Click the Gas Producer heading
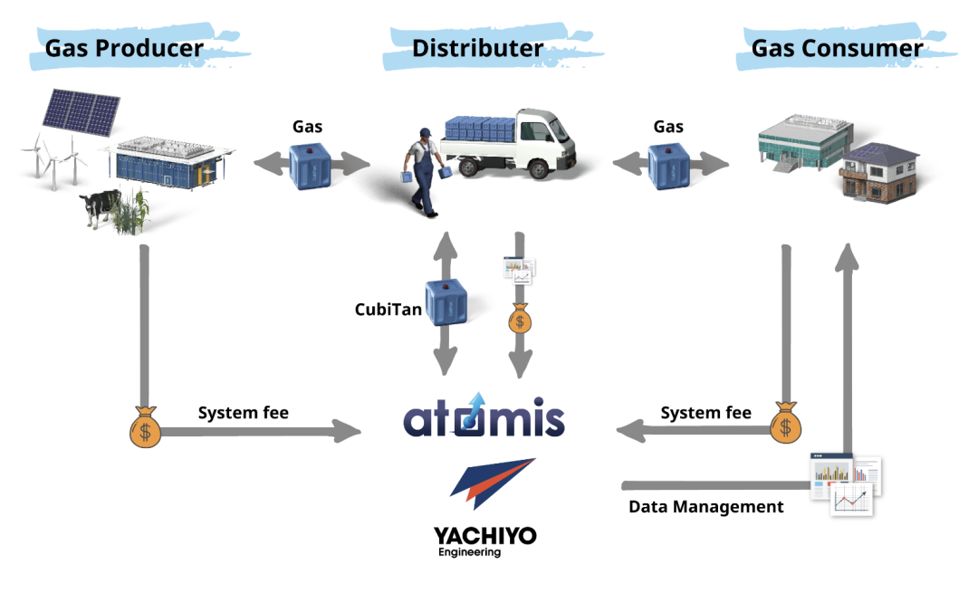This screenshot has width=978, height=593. pos(124,48)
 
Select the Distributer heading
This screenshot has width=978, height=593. pos(477,48)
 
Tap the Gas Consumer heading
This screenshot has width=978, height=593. pos(837,48)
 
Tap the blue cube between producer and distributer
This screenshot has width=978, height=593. pos(311,166)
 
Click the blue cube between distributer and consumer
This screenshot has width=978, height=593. pos(671,166)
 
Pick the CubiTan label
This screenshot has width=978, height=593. pos(388,310)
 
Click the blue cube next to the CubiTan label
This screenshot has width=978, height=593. pos(446,302)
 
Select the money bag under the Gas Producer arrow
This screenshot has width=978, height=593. pos(145,426)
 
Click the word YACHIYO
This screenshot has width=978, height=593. pos(484,536)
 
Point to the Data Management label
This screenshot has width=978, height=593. pos(706,507)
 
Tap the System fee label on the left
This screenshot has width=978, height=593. pos(243,413)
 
